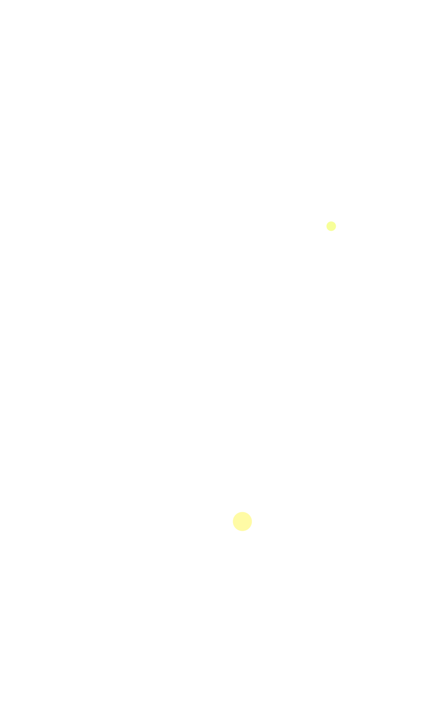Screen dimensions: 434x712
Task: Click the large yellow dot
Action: pyautogui.click(x=242, y=521)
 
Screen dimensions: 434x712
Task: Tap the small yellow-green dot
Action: pyautogui.click(x=331, y=226)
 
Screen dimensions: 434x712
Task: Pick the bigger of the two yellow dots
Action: pyautogui.click(x=242, y=521)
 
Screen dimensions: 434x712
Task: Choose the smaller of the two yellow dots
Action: pyautogui.click(x=331, y=226)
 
